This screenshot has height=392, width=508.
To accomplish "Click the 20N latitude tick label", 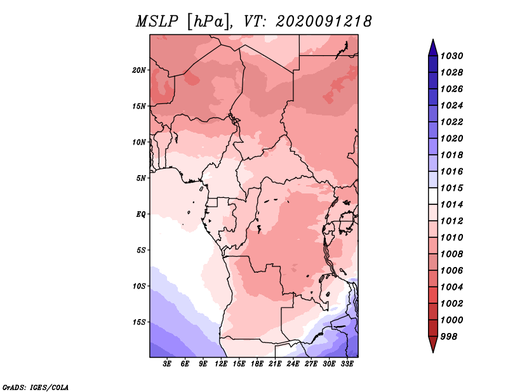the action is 139,70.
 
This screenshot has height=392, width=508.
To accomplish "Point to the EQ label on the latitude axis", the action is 140,214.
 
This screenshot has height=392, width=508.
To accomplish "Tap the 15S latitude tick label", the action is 139,322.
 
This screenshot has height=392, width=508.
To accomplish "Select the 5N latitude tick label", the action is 141,178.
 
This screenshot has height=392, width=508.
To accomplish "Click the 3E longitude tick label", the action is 167,364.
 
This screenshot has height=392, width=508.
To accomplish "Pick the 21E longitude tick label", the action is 275,364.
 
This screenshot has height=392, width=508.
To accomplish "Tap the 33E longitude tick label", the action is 347,364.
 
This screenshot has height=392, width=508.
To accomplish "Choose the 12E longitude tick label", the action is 221,364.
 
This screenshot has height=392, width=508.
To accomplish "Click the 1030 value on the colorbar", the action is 451,56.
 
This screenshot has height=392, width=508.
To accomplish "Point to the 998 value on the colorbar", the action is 449,337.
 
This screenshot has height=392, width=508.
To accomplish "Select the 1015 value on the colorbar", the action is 451,188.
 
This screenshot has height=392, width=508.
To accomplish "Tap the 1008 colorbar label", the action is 451,254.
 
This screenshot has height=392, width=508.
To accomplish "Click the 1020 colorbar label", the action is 451,138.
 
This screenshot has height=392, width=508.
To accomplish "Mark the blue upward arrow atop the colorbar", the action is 433,48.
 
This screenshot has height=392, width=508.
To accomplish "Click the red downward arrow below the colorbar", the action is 433,344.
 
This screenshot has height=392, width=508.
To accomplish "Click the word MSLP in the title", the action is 157,22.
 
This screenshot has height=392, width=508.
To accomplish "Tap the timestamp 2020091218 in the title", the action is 323,22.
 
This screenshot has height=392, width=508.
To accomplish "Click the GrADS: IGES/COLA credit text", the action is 36,387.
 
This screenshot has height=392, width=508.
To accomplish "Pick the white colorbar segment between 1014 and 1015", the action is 433,196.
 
